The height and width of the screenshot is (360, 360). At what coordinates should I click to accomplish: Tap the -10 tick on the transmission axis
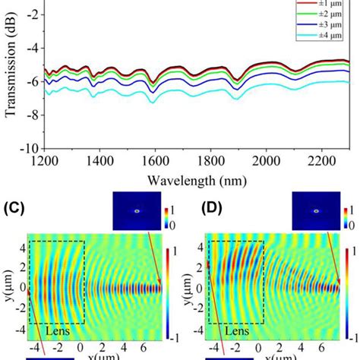[x=30, y=147]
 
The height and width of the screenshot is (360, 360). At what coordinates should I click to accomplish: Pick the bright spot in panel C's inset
[x=137, y=210]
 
